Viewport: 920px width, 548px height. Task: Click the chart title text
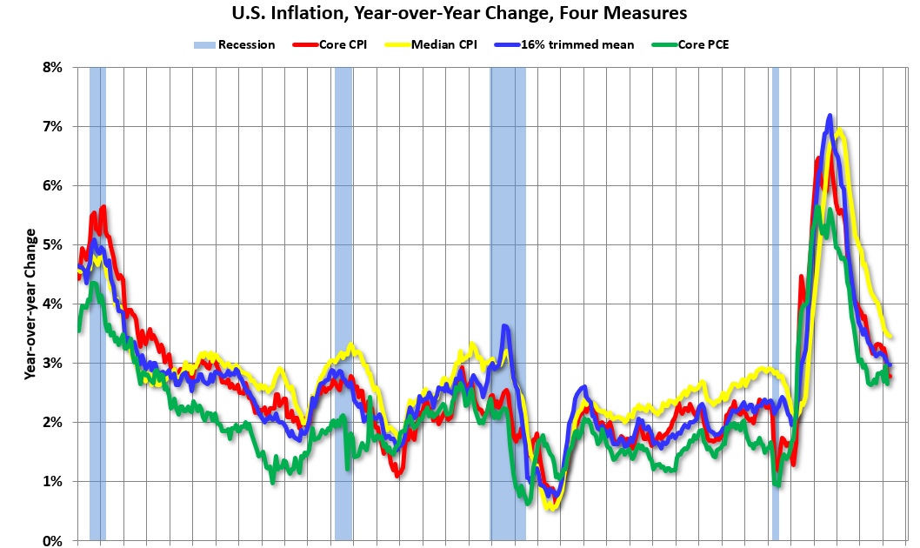click(459, 13)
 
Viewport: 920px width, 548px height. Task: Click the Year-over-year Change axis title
click(30, 303)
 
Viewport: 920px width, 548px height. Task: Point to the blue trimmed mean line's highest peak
click(830, 116)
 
